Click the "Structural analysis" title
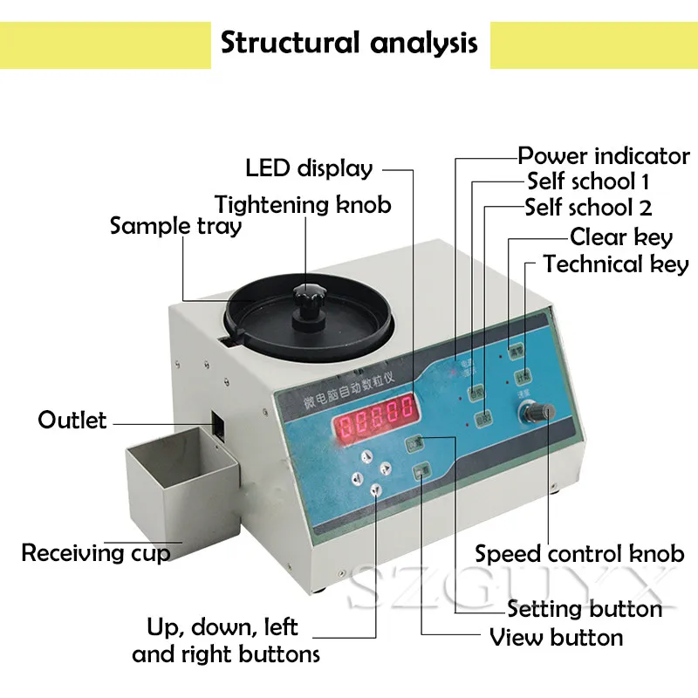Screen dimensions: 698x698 click(x=349, y=43)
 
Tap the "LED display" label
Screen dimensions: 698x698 click(x=309, y=168)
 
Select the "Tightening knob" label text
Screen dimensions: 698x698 click(x=303, y=205)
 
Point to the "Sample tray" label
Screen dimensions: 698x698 click(x=175, y=226)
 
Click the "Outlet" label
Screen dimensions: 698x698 click(x=72, y=420)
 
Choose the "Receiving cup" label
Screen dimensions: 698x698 click(x=96, y=552)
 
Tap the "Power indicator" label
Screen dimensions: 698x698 click(x=604, y=156)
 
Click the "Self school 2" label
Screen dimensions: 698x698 click(x=588, y=208)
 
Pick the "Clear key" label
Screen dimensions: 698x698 click(x=621, y=236)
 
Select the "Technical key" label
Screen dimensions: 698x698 click(x=616, y=263)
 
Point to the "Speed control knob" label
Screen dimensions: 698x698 click(x=579, y=553)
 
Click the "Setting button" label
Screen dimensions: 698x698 click(x=585, y=608)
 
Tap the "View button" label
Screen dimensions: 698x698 click(x=557, y=637)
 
